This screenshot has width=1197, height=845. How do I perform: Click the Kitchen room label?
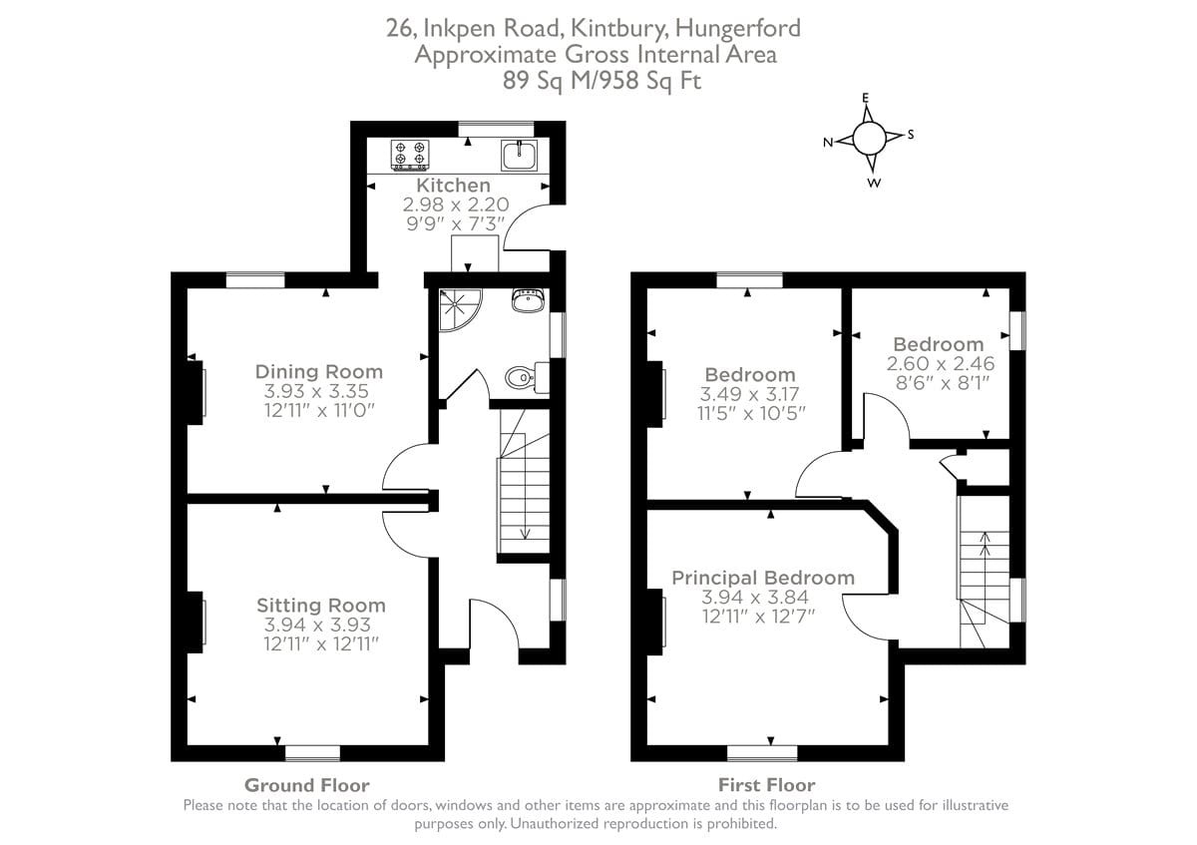453,185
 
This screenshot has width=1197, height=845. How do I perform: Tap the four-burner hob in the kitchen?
410,155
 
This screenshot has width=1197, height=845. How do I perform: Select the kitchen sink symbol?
519,155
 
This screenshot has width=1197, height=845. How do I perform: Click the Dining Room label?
319,371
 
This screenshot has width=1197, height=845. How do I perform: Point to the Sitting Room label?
320,605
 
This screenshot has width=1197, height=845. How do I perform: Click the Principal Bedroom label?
763,578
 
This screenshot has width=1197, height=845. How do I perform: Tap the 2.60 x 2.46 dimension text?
941,363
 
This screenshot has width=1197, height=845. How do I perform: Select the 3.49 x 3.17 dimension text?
749,394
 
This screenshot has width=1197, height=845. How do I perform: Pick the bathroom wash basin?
528,300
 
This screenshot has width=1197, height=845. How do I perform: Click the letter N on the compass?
828,143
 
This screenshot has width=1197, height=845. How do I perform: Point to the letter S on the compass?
911,135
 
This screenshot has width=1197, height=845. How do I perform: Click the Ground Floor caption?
307,785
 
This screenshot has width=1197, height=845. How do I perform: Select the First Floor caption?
766,784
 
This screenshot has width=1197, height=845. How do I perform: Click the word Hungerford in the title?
738,28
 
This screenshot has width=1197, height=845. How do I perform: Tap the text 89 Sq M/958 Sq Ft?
601,81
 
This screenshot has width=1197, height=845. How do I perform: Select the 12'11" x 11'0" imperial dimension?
319,410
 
